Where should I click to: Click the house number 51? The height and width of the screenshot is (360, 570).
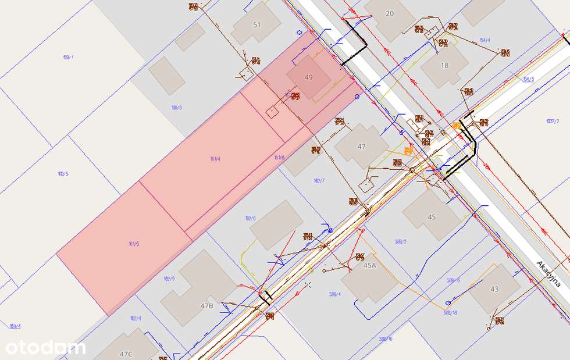[257, 24]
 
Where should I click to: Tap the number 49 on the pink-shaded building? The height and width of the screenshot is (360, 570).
[308, 77]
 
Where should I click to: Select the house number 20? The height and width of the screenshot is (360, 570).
[389, 13]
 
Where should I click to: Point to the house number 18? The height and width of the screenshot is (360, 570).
[444, 66]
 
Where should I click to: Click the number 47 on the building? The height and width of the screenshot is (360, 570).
[361, 147]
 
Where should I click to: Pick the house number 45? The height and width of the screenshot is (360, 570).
[432, 217]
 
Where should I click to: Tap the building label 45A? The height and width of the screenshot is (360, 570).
[370, 265]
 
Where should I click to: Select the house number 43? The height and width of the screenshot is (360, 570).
[494, 289]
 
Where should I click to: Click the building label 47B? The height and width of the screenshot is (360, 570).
[207, 305]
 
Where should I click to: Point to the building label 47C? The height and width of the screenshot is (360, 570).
[126, 354]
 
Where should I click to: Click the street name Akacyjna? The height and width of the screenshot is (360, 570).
[548, 275]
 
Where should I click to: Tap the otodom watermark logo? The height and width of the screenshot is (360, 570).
[45, 347]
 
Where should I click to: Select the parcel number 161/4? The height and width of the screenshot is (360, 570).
[215, 159]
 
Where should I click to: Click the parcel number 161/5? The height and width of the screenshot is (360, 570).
[134, 244]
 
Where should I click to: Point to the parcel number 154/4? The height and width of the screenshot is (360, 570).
[484, 40]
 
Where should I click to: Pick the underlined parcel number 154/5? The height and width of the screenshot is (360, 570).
[528, 79]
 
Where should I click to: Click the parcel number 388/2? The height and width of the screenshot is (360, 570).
[400, 241]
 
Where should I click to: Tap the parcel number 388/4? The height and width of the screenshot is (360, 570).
[334, 294]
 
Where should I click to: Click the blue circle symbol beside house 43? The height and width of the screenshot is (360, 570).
[447, 303]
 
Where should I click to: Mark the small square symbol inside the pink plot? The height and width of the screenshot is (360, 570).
[272, 112]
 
